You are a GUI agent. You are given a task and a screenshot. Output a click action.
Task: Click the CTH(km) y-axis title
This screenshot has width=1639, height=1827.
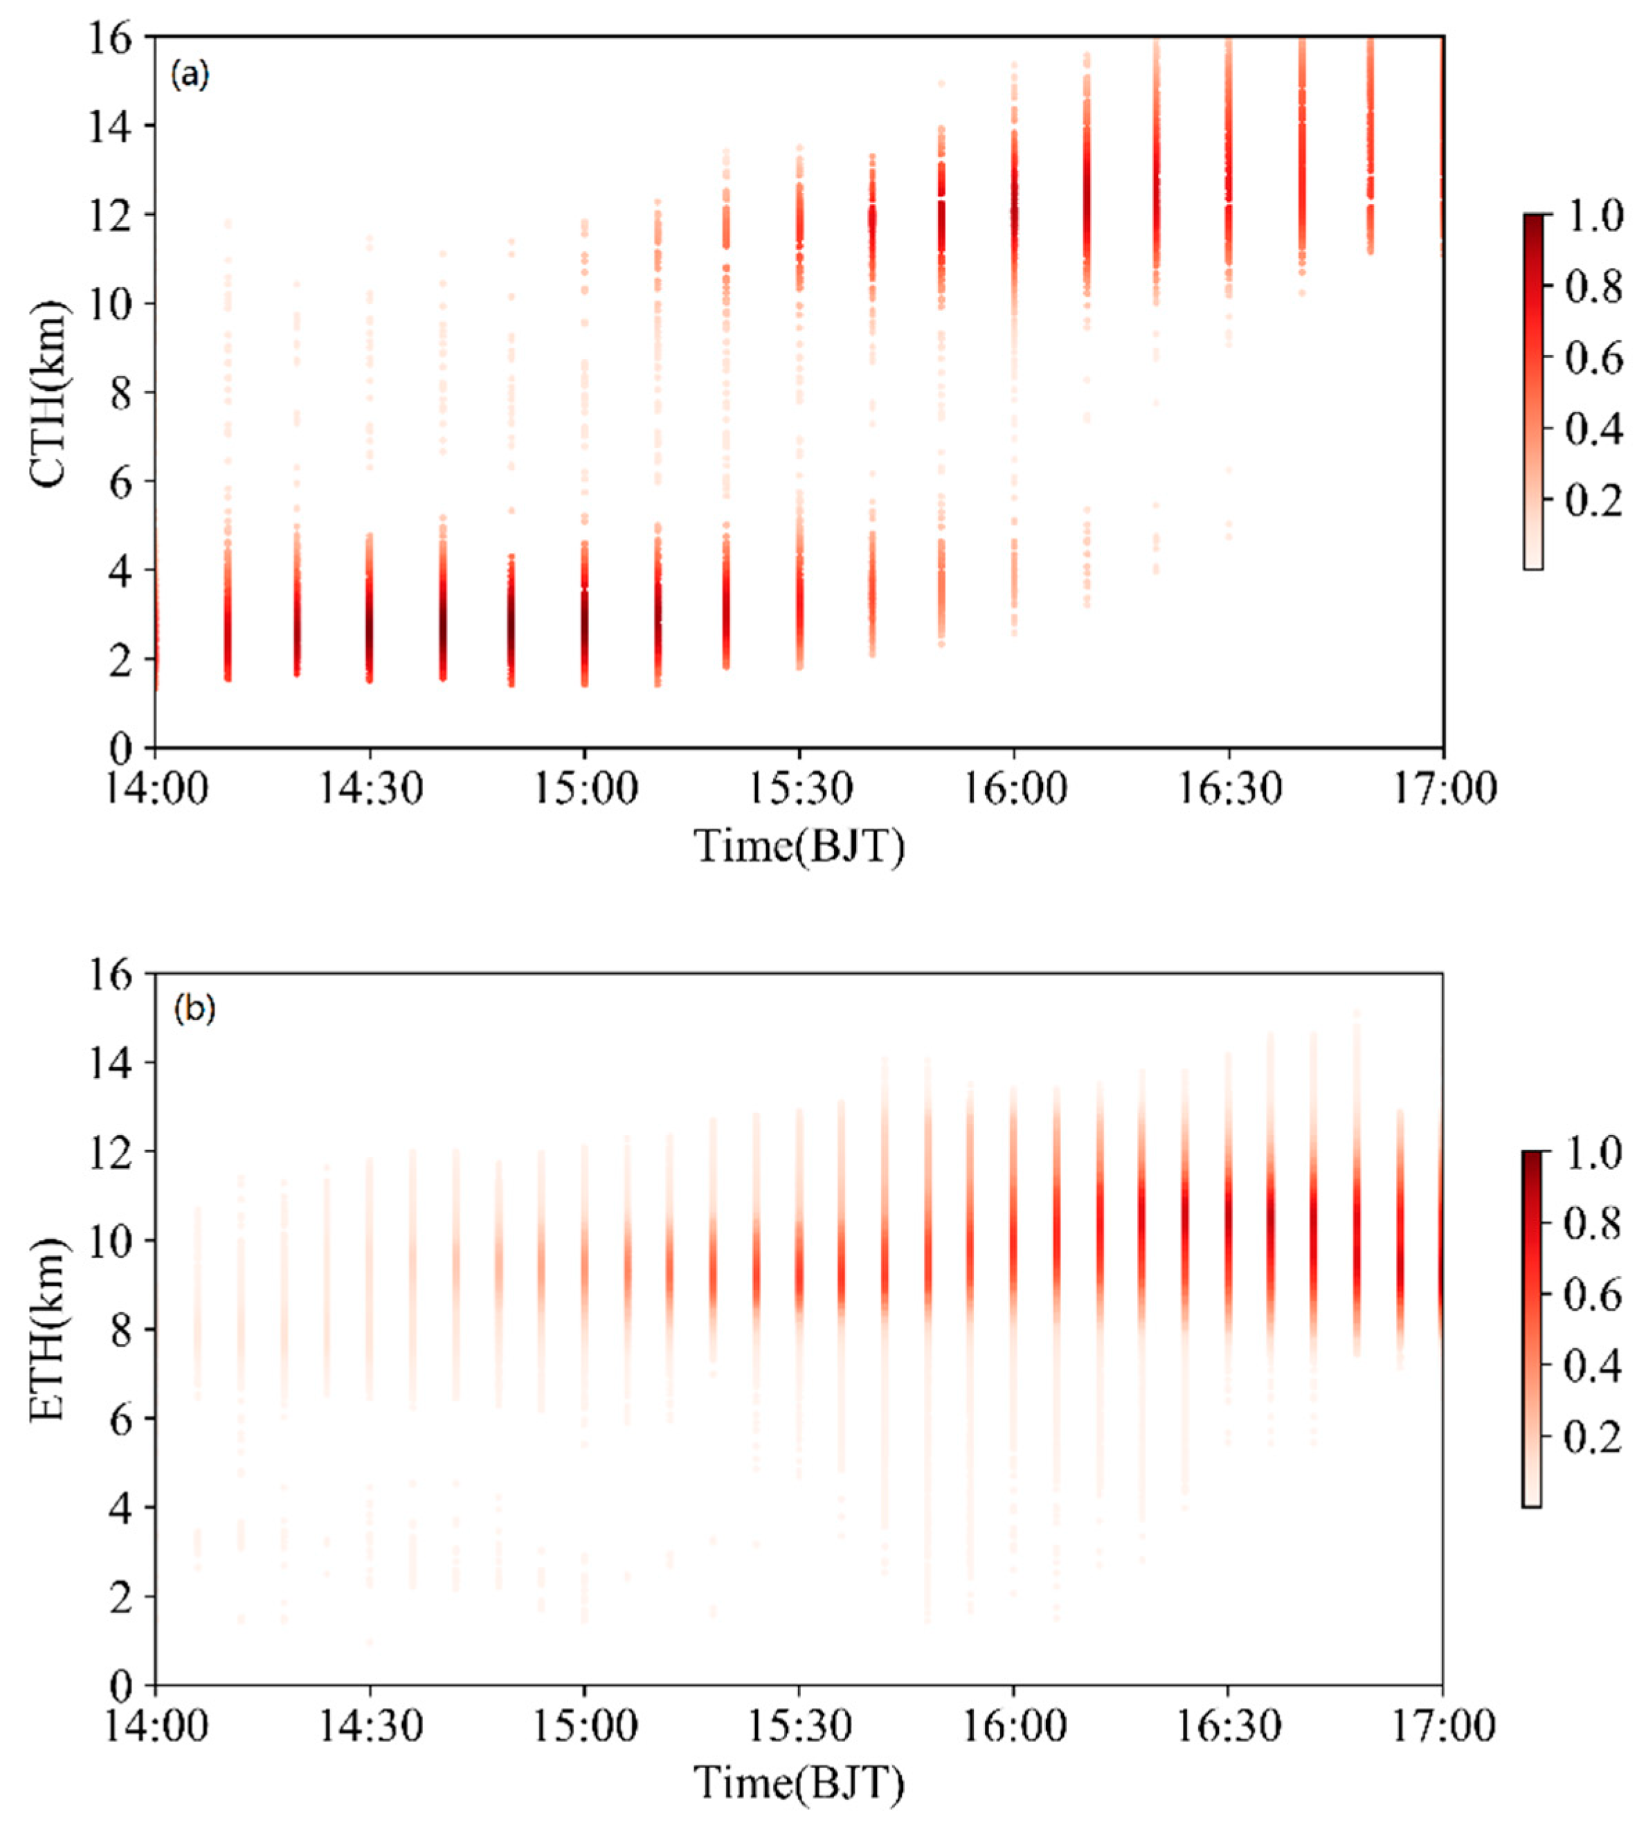pyautogui.click(x=50, y=394)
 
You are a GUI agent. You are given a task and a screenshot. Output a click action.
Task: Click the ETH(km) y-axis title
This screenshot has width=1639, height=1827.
pyautogui.click(x=50, y=1331)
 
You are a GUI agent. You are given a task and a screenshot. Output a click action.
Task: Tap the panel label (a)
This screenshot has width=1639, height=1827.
pyautogui.click(x=190, y=75)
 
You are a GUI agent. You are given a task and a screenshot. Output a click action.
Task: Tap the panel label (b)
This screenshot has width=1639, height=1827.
pyautogui.click(x=194, y=1010)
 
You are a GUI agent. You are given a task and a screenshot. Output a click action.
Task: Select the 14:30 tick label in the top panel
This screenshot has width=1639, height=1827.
pyautogui.click(x=369, y=790)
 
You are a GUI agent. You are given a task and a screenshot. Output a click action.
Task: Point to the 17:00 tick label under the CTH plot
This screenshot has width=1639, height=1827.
pyautogui.click(x=1442, y=790)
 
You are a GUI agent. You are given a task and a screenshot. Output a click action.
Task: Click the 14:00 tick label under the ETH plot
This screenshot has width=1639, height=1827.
pyautogui.click(x=156, y=1725)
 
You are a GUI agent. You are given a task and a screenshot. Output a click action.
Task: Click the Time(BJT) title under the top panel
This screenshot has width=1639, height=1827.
pyautogui.click(x=799, y=846)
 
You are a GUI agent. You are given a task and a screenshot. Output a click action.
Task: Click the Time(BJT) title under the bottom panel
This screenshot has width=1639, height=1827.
pyautogui.click(x=799, y=1782)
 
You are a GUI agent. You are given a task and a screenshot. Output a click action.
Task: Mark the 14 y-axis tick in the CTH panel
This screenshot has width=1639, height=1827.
pyautogui.click(x=111, y=125)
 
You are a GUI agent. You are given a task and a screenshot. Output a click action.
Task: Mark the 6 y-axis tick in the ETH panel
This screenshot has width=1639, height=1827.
pyautogui.click(x=122, y=1418)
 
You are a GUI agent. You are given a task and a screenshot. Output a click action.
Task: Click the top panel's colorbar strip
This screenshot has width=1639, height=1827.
pyautogui.click(x=1532, y=392)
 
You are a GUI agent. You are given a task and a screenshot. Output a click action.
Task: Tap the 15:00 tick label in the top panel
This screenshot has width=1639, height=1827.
pyautogui.click(x=584, y=790)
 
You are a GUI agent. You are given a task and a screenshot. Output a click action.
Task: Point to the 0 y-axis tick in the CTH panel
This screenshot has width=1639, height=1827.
pyautogui.click(x=122, y=748)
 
